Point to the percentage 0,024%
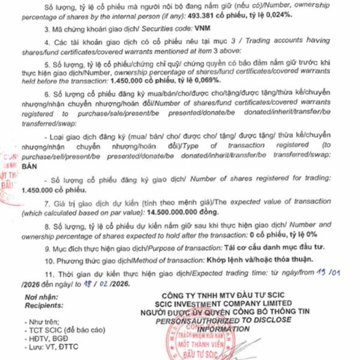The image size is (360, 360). click(x=275, y=16)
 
